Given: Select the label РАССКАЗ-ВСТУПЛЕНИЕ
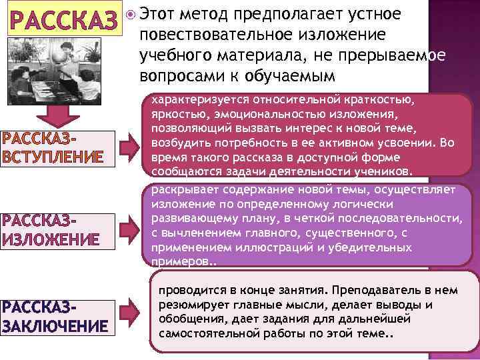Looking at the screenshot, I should pos(53,149).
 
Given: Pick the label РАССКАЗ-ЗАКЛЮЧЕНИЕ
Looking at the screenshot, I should pos(55,317).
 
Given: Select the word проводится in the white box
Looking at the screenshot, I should pos(187,291).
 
